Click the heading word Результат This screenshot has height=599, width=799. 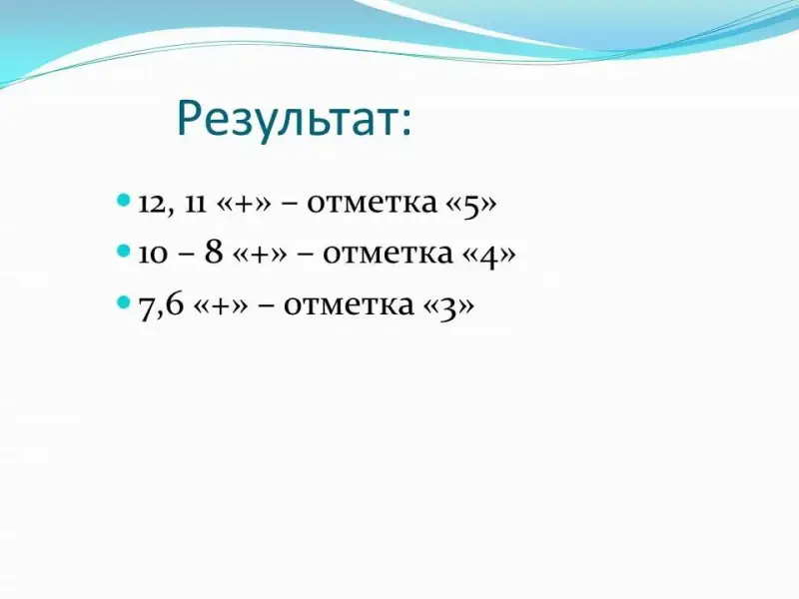(288, 119)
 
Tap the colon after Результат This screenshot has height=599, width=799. (405, 123)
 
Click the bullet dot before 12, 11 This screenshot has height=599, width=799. (124, 199)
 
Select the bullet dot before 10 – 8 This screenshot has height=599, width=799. (124, 251)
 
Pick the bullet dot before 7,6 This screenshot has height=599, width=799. (124, 302)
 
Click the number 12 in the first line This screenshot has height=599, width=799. (153, 204)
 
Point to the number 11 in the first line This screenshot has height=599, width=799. (195, 204)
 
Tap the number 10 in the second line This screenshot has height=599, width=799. (153, 255)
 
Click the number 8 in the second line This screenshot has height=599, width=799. (214, 252)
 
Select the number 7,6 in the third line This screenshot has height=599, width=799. (161, 306)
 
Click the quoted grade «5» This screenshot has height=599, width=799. (471, 205)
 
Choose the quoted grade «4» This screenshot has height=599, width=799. (489, 255)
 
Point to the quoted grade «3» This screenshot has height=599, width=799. (448, 307)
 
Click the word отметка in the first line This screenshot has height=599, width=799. (372, 204)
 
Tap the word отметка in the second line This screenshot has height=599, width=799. (388, 254)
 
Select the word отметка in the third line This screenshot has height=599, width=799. (349, 305)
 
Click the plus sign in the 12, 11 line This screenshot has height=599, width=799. (244, 205)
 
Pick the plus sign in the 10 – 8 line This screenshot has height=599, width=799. (260, 255)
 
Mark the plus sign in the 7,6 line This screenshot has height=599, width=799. (221, 306)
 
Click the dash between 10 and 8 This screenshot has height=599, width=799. (187, 255)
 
